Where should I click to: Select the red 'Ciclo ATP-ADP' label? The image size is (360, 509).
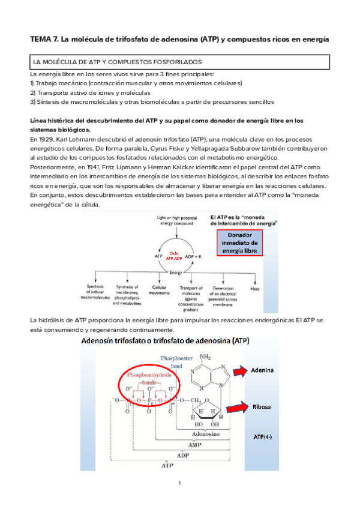(174, 256)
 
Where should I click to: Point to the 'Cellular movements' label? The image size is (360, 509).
(160, 292)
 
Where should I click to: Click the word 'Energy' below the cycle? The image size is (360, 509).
(175, 272)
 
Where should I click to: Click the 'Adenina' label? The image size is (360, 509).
(262, 370)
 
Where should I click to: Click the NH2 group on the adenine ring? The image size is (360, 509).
(206, 358)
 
